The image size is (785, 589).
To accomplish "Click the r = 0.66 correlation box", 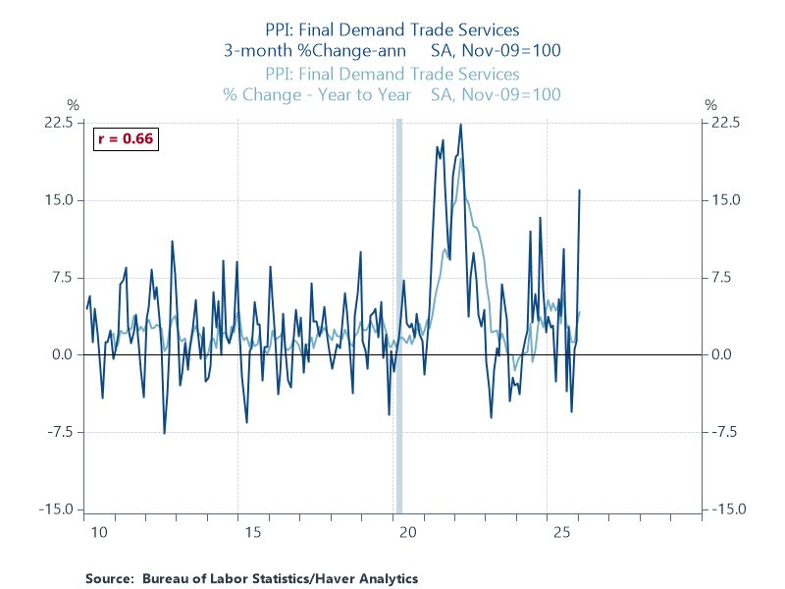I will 126,138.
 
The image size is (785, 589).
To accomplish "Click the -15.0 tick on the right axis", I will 727,509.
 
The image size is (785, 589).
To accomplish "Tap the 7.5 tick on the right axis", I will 722,278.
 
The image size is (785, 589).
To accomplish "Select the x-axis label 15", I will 252,533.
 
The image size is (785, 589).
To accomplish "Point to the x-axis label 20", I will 408,533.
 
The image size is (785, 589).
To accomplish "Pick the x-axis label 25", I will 562,533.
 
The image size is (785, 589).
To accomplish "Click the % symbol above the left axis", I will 71,104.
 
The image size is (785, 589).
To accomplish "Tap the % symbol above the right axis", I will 712,104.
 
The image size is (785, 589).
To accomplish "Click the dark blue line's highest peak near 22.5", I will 460,125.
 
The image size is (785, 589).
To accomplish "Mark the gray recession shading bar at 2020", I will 398,314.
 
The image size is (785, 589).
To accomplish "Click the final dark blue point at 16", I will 579,190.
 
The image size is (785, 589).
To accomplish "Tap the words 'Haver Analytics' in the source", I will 369,578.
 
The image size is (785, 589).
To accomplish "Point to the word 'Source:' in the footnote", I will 110,578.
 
